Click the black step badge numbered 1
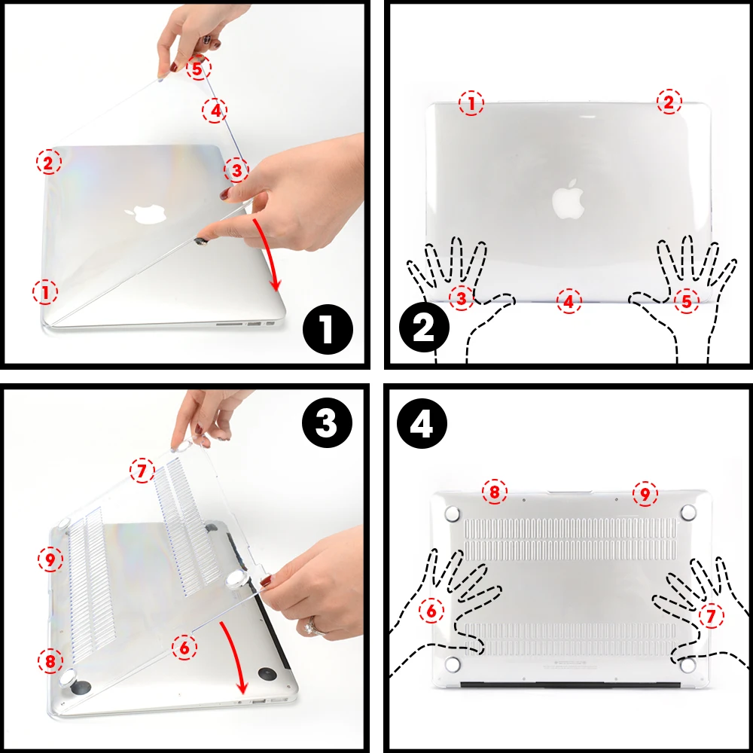(x=327, y=330)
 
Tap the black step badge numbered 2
(x=424, y=330)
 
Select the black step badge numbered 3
(x=327, y=424)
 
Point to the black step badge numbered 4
(x=424, y=424)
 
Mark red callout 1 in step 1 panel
(x=45, y=291)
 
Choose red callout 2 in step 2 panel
(x=668, y=102)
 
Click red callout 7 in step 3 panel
(x=141, y=472)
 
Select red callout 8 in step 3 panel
(x=50, y=661)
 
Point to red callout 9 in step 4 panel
(x=645, y=494)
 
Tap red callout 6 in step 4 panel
(x=431, y=611)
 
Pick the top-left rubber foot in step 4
(x=453, y=514)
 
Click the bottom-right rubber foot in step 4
(x=687, y=666)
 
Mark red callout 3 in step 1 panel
(x=236, y=170)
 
